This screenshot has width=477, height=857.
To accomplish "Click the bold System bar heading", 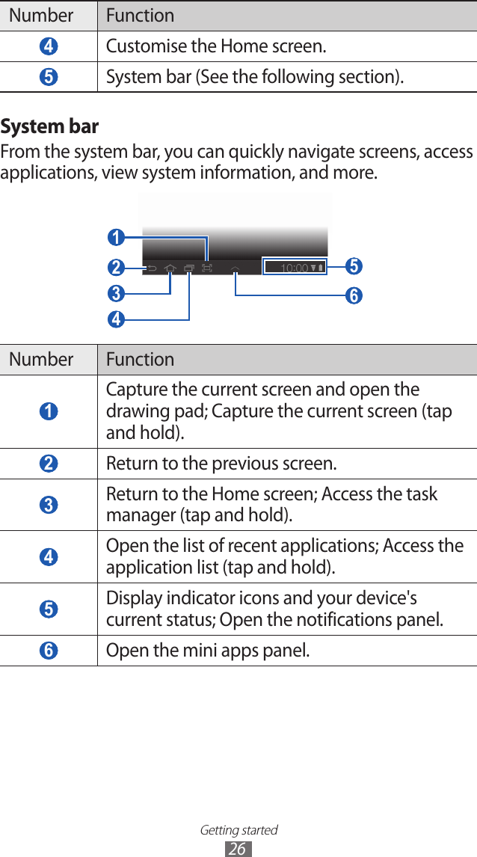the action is coord(49,126).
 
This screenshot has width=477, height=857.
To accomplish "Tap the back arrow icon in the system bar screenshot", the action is coord(152,268).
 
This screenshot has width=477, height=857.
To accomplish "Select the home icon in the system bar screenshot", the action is coord(170,268).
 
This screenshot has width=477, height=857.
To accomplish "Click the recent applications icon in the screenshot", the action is coord(189,268).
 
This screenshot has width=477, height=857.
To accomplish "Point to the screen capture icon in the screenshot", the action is coord(207,268).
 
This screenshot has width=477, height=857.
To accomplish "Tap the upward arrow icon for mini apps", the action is coord(236,268).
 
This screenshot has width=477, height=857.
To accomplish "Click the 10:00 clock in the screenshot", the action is coord(295,268).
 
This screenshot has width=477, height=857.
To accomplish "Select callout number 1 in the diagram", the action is coord(115,239).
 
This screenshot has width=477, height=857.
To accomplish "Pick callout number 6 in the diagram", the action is coord(354,296).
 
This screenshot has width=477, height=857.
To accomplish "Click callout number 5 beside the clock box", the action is coord(354,266).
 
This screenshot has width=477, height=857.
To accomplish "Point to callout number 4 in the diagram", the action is coord(115,319).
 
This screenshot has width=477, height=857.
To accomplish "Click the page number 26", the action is coord(238,849).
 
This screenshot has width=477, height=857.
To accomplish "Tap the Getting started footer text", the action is coord(238,830).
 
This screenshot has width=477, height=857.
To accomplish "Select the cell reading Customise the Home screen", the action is coord(216,46).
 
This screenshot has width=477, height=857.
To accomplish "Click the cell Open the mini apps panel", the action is coord(208,651).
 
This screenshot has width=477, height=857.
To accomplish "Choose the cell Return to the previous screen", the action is coord(221,464).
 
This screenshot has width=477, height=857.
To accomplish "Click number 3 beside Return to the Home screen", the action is coord(48,506).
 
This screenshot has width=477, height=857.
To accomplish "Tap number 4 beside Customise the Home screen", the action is coord(48,46).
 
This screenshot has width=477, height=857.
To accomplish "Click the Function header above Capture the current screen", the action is coord(140,360).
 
